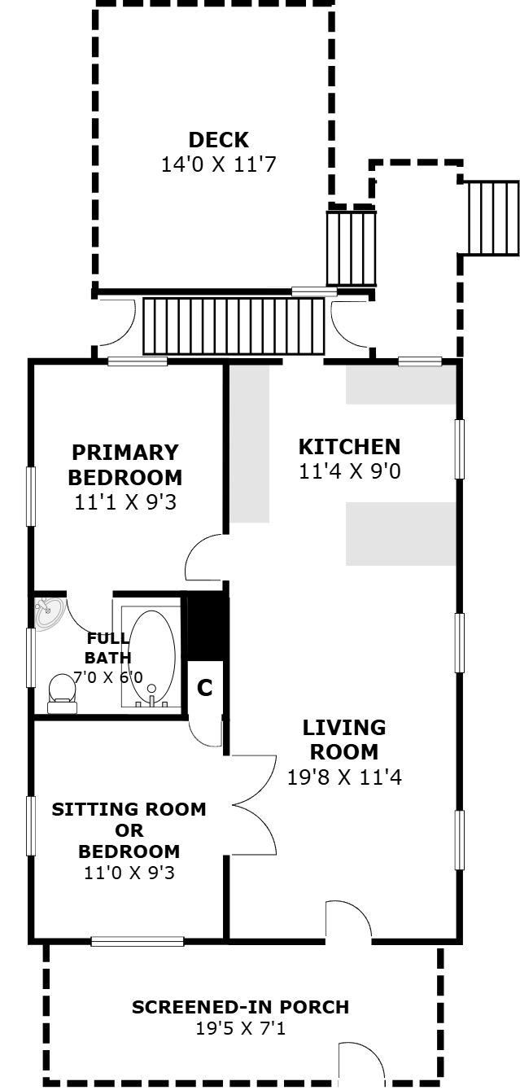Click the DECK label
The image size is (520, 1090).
coord(218,140)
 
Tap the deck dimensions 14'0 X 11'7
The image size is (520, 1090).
coord(218,164)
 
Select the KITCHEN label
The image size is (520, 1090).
coord(349,447)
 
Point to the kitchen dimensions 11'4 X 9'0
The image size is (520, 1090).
coord(349,471)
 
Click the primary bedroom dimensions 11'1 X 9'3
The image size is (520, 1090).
coord(125,502)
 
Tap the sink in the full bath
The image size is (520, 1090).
coord(50,614)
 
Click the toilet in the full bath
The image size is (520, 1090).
coord(62,694)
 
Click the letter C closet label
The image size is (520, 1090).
coord(205,688)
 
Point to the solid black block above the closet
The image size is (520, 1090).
coord(208,626)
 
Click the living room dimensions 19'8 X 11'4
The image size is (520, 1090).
coord(344,777)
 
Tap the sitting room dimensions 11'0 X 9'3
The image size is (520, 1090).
coord(129,873)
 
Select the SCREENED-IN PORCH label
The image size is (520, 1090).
coord(240,1007)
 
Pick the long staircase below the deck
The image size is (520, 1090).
coord(234,326)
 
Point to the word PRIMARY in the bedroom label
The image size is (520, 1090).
coord(125,453)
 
